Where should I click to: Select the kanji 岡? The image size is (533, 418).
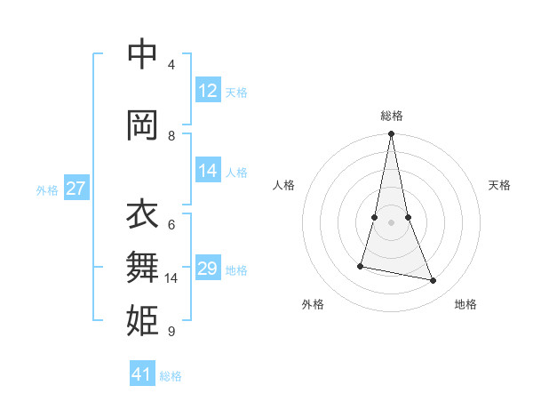[142, 125]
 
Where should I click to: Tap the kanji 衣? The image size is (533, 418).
[142, 214]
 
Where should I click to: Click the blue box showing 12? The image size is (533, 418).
[208, 91]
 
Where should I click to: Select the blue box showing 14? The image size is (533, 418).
[208, 171]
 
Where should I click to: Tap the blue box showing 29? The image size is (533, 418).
[208, 269]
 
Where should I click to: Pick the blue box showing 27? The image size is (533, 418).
[76, 189]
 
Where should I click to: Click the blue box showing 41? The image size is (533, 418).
[142, 374]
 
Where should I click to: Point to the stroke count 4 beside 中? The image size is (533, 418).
[171, 65]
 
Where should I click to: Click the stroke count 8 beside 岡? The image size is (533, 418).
[171, 136]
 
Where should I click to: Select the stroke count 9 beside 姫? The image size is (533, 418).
[171, 332]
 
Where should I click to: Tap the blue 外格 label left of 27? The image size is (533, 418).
[47, 189]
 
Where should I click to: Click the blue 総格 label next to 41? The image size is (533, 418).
[171, 376]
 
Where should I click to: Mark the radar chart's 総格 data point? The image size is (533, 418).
[391, 134]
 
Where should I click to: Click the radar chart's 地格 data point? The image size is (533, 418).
[434, 281]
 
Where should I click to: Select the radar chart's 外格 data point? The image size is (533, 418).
[361, 266]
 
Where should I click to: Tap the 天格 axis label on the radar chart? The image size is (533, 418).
[499, 185]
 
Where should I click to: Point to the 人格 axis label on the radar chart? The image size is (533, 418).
[284, 185]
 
